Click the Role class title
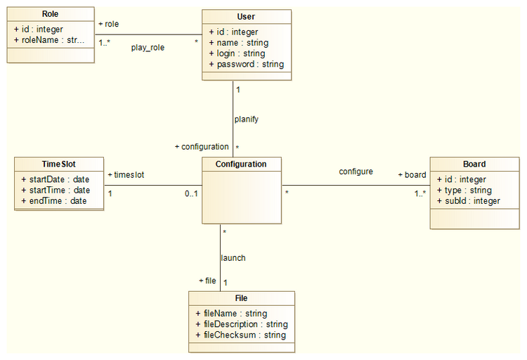50,15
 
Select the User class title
246,17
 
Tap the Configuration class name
241,164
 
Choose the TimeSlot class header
58,164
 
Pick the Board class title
474,165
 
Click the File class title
241,298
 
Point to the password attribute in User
247,64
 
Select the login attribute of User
237,53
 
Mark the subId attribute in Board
468,201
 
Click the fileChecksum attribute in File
240,335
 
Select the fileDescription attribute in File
241,324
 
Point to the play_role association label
148,48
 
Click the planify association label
247,120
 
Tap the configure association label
356,172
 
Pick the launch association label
233,258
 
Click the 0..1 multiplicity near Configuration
192,193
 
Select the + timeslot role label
126,174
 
